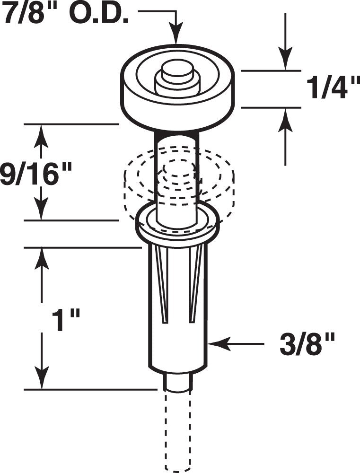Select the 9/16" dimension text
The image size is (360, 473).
coord(35,175)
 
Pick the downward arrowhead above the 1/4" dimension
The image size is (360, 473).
coord(285,61)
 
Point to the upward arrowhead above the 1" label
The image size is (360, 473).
coord(42,257)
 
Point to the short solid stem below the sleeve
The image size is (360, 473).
coord(178,380)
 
